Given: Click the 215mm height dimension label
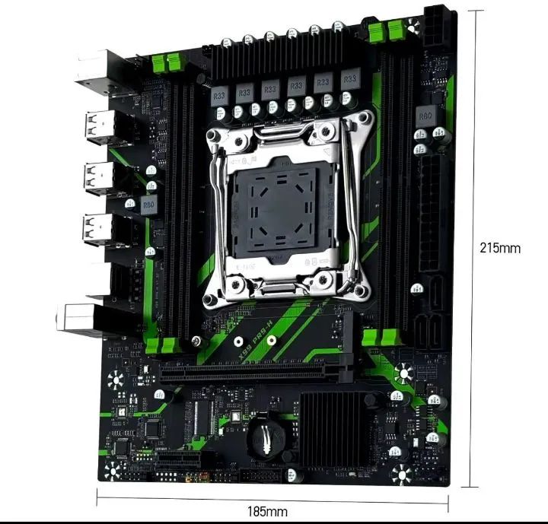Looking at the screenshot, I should pyautogui.click(x=500, y=247).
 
